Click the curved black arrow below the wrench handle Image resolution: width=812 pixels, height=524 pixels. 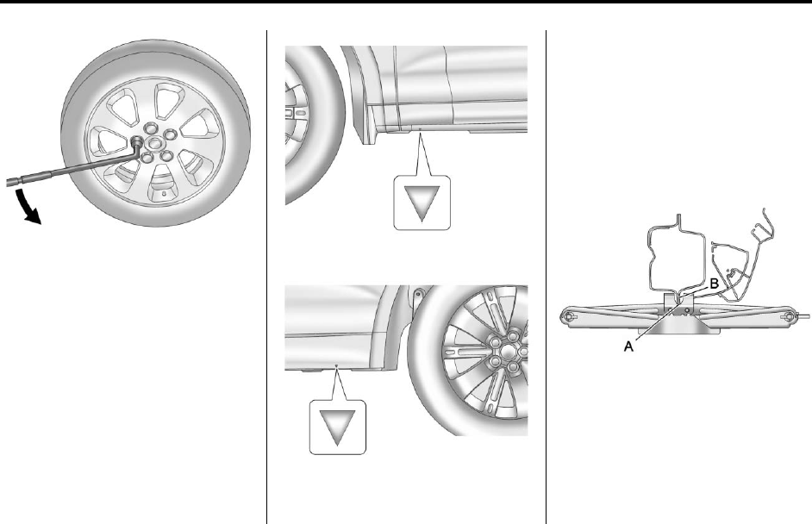click(26, 207)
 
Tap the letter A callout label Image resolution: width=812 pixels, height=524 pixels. click(628, 346)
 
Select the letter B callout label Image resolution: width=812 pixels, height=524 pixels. click(714, 284)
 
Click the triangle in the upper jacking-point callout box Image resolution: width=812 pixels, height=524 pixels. click(422, 203)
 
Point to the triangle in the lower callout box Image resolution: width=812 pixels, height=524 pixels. click(337, 427)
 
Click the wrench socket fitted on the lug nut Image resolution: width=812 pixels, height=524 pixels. click(138, 142)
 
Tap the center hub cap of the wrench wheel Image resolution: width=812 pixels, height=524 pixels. click(153, 143)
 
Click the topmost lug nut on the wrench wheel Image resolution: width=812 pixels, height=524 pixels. click(150, 128)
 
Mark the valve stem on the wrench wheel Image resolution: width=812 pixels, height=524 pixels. click(164, 194)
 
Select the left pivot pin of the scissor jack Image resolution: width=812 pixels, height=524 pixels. click(569, 316)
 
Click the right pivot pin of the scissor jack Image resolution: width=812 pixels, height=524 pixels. click(790, 315)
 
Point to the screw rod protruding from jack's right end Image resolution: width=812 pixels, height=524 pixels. click(803, 315)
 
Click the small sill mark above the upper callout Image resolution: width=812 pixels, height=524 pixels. click(420, 127)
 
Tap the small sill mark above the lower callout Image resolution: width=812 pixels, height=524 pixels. click(336, 365)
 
